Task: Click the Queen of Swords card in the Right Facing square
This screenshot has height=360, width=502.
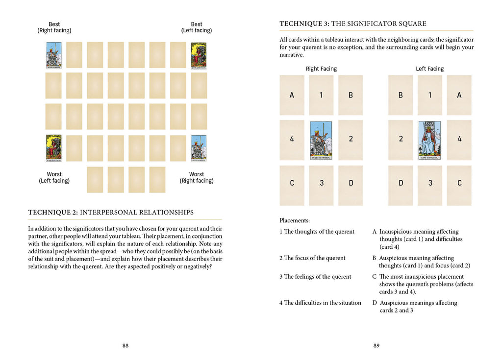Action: [x=321, y=140]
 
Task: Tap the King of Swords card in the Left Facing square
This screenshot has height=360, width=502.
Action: [x=429, y=140]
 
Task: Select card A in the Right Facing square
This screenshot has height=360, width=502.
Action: [x=292, y=95]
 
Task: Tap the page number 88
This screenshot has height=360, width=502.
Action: [x=125, y=345]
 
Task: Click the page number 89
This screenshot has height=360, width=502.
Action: [x=376, y=345]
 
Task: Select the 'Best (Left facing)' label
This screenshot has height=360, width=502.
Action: [x=197, y=27]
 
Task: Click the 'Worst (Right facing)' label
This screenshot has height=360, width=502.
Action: [x=197, y=177]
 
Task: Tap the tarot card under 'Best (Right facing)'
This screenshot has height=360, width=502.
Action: [x=53, y=55]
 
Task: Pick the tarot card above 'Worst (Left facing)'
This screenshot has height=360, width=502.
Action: [x=53, y=148]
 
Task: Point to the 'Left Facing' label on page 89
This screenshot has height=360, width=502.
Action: [x=429, y=69]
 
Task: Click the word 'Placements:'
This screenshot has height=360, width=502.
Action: [x=295, y=221]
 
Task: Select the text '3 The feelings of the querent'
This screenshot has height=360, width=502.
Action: [x=315, y=277]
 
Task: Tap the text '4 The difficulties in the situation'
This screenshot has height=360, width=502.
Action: [x=320, y=303]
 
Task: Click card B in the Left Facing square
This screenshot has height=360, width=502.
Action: [x=401, y=95]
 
